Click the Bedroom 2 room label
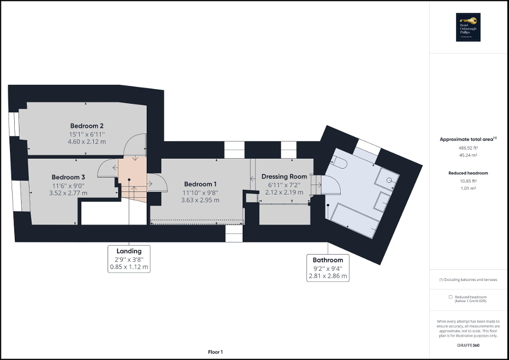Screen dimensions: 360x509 [87, 126]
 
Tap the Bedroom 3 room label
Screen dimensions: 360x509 [68, 178]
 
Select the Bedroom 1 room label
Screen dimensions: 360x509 [200, 184]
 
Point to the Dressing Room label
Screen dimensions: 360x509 [284, 177]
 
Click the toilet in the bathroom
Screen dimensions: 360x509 [339, 162]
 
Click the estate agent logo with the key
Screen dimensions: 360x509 [469, 27]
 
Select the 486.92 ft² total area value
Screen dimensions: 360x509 [468, 148]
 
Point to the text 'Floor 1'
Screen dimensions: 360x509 [215, 352]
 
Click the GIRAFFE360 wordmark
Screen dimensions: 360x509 [469, 344]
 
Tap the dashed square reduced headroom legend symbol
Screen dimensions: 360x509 [451, 297]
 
